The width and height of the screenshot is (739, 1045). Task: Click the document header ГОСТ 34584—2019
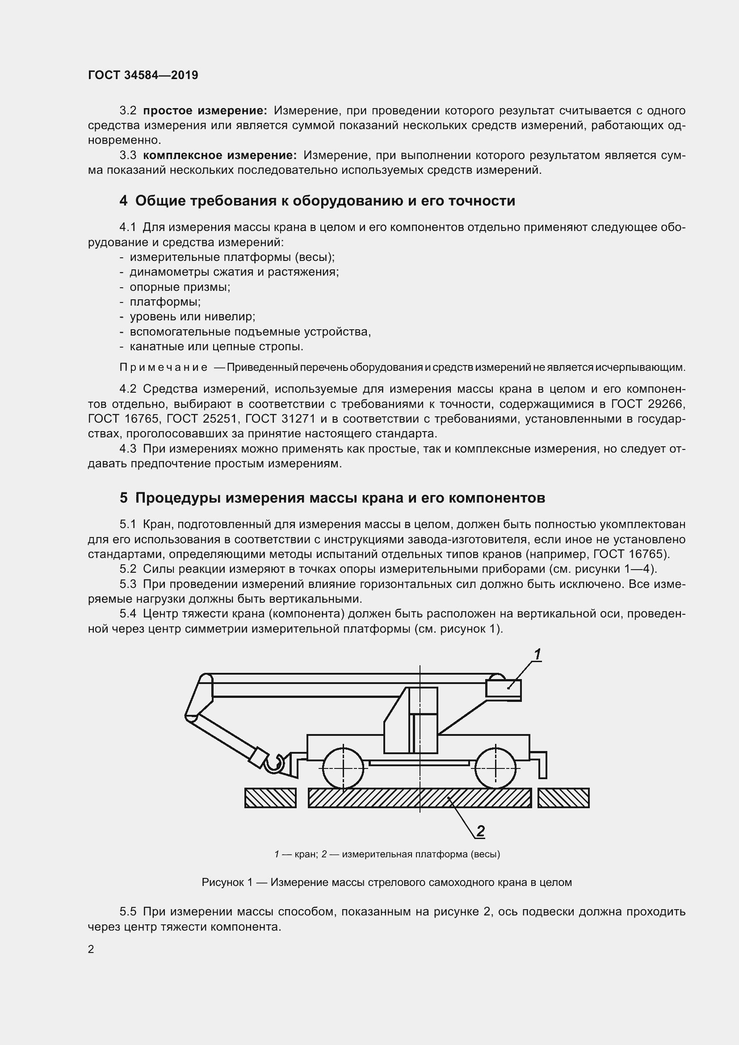pos(143,75)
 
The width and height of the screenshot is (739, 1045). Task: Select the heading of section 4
pos(317,201)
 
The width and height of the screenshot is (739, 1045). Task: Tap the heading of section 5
pos(332,498)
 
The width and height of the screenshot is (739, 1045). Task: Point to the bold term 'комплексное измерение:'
pos(220,155)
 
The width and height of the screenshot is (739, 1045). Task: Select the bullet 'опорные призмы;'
pos(180,287)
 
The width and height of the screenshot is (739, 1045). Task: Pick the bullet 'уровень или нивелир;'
pos(192,317)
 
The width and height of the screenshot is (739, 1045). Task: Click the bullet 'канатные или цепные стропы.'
pos(216,346)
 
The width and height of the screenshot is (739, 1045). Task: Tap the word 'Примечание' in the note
pos(164,367)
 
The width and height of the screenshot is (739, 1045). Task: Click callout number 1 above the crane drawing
pos(537,655)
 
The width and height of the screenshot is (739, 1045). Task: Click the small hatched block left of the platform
pos(270,798)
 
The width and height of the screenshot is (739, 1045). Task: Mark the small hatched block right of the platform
pos(563,798)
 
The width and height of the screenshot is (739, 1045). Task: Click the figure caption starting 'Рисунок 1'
pos(386,882)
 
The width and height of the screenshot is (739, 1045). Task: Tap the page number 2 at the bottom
pos(91,949)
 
